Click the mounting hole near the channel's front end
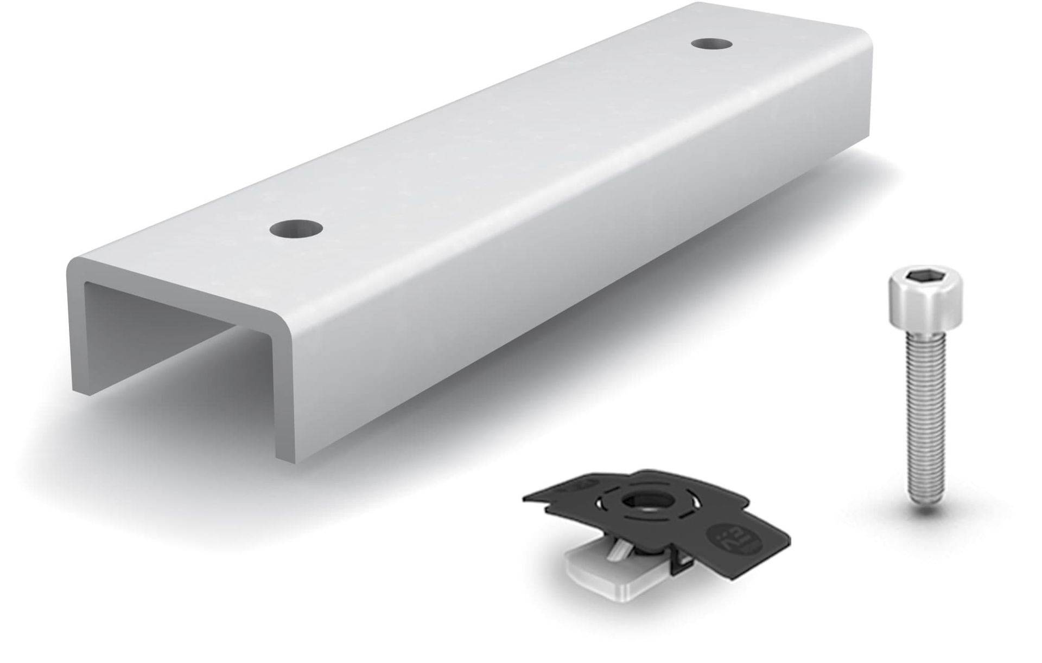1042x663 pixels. click(295, 229)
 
